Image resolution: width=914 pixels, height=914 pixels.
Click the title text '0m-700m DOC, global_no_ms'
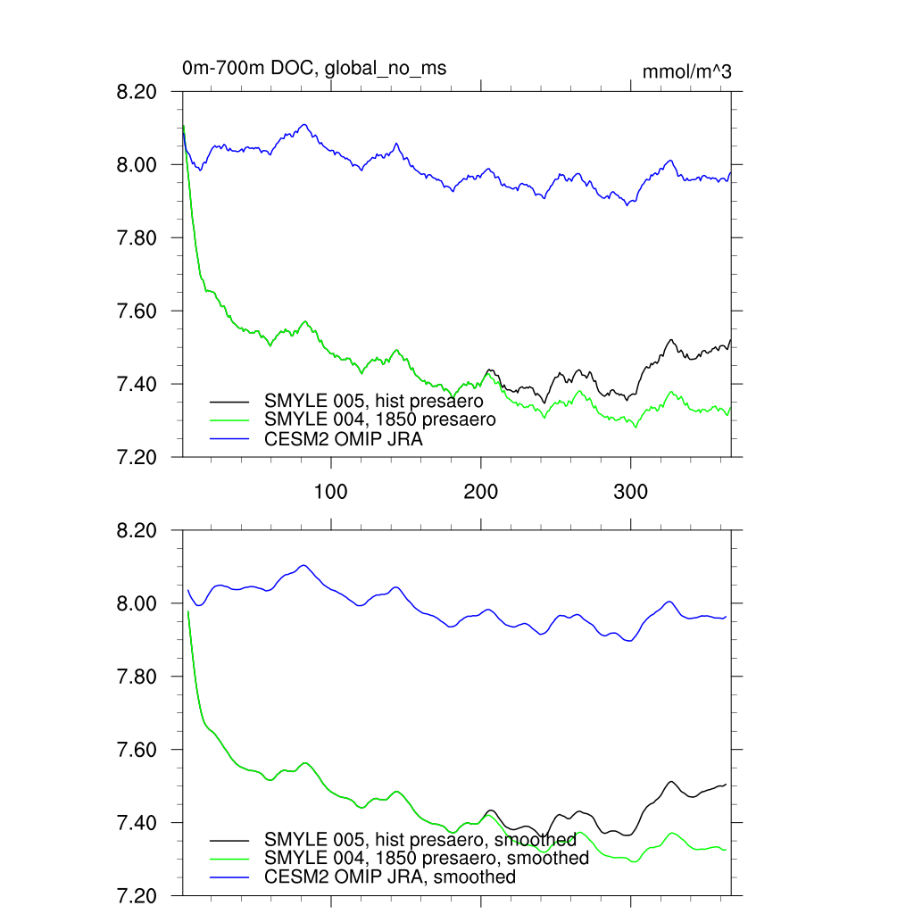(314, 68)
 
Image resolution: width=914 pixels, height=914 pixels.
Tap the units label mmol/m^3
(686, 71)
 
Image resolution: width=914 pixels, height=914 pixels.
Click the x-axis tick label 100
(331, 492)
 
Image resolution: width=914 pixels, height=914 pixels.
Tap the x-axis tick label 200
(481, 492)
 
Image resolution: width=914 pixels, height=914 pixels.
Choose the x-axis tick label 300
(631, 492)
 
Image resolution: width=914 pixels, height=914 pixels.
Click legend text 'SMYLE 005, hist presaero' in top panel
(373, 401)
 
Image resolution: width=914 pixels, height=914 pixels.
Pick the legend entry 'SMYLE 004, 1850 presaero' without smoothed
(379, 418)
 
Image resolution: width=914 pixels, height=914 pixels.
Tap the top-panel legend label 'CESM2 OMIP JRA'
(344, 438)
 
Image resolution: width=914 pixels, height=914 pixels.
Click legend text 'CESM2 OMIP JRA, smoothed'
(390, 877)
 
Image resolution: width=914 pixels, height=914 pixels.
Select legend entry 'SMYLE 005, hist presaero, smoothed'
(420, 839)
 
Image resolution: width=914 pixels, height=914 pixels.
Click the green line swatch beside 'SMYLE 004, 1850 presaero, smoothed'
(229, 859)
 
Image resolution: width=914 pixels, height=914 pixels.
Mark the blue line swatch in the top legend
(229, 438)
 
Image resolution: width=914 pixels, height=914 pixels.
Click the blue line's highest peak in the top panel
(304, 124)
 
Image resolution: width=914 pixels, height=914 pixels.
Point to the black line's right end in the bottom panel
(727, 784)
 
